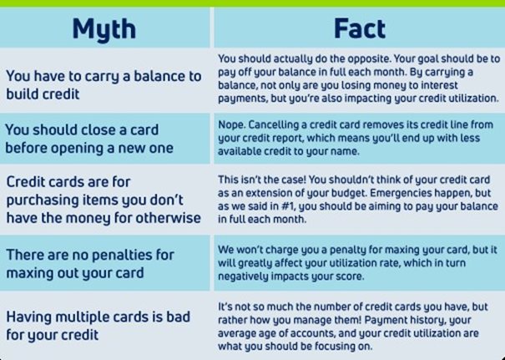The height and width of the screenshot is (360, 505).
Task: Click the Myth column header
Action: pyautogui.click(x=104, y=29)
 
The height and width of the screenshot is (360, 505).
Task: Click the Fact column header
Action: pyautogui.click(x=360, y=28)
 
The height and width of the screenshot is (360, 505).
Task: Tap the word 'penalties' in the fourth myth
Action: pyautogui.click(x=120, y=255)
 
